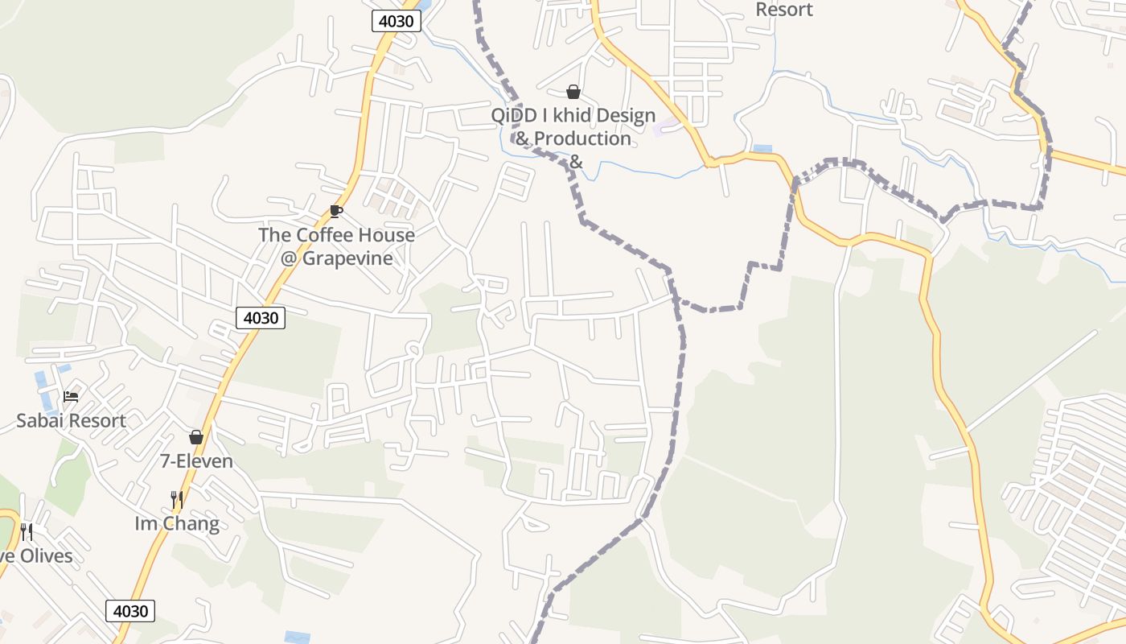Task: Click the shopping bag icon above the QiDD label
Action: [x=573, y=92]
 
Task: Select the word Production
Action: [x=582, y=138]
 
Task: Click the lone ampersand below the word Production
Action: [x=575, y=162]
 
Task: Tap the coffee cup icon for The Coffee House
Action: [x=336, y=212]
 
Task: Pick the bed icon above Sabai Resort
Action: [x=71, y=397]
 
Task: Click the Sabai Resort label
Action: [x=71, y=420]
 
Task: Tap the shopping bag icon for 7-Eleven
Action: [x=195, y=437]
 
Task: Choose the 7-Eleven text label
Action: [x=196, y=461]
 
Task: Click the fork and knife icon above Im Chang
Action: [x=177, y=500]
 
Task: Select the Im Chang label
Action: [x=177, y=524]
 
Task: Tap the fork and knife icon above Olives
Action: [x=27, y=532]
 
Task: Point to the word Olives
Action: [x=43, y=556]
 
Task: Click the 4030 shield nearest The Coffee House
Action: [x=261, y=318]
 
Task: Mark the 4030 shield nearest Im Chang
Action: [x=130, y=611]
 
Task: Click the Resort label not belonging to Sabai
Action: [x=784, y=10]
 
